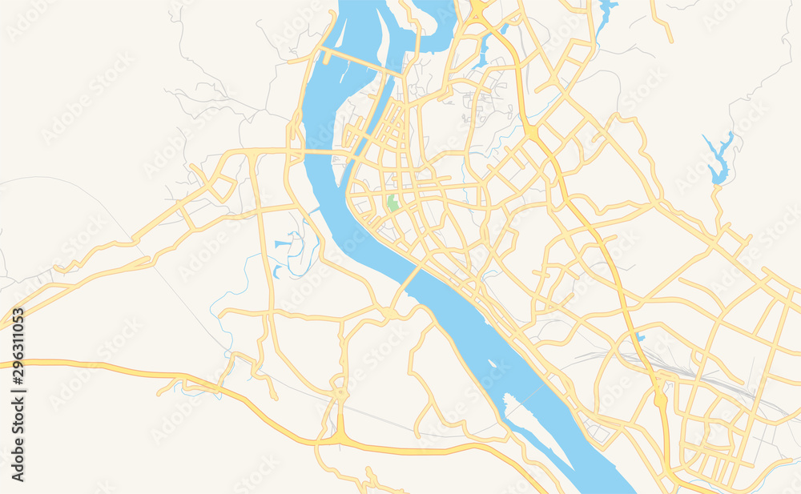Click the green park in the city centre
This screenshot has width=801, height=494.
click(x=392, y=203)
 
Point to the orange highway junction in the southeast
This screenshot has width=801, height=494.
click(x=660, y=396)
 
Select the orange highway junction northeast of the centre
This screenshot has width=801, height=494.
click(x=532, y=132)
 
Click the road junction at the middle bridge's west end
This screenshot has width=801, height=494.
click(x=390, y=310)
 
